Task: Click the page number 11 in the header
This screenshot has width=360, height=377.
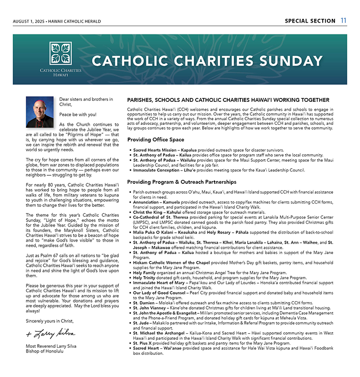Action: (x=344, y=21)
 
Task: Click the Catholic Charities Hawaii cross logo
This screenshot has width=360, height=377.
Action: (x=60, y=53)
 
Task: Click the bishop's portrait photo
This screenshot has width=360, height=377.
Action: (x=40, y=112)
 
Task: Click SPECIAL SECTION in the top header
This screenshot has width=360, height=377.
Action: (x=309, y=21)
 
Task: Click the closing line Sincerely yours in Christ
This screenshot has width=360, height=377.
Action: (x=50, y=321)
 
